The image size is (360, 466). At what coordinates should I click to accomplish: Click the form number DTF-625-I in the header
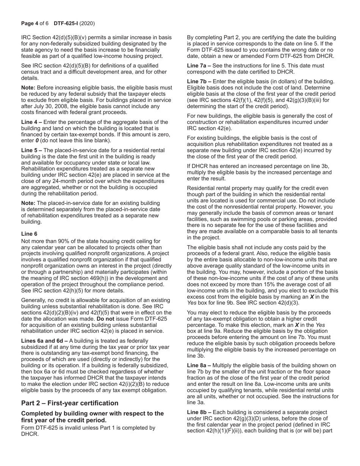click(66, 23)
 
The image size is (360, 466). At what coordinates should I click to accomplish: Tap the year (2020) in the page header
click(88, 23)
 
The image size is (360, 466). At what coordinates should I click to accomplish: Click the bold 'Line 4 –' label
click(32, 122)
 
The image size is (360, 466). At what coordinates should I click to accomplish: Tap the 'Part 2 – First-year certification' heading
click(70, 403)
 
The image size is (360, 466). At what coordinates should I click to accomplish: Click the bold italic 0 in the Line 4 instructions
click(38, 141)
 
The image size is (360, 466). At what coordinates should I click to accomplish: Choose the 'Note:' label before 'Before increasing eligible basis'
click(28, 88)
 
